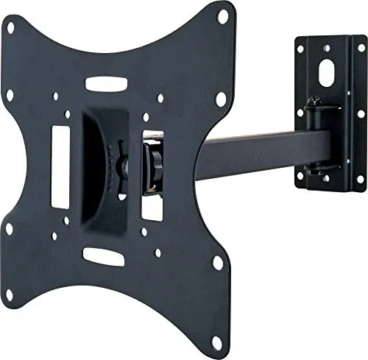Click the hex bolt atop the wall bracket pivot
pyautogui.click(x=315, y=102)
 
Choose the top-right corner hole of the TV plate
pyautogui.click(x=222, y=13)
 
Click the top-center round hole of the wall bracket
pyautogui.click(x=325, y=41)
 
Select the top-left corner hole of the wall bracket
pyautogui.click(x=300, y=49)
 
